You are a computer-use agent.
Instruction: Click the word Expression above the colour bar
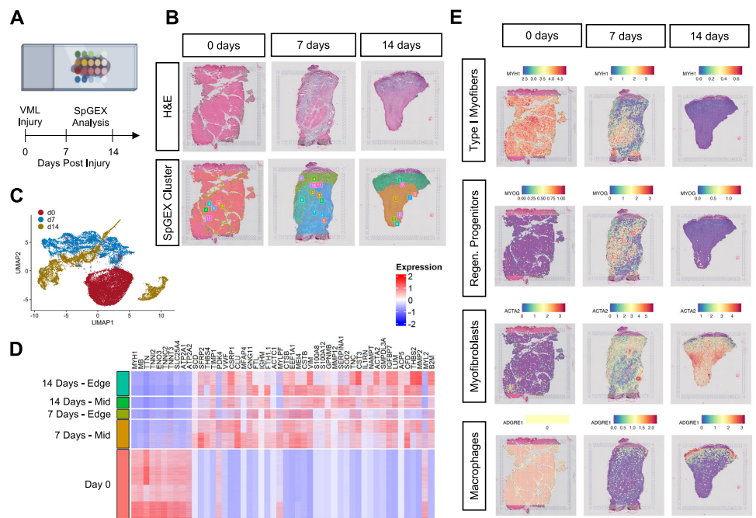coord(416,266)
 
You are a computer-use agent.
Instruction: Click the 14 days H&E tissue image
coord(397,106)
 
